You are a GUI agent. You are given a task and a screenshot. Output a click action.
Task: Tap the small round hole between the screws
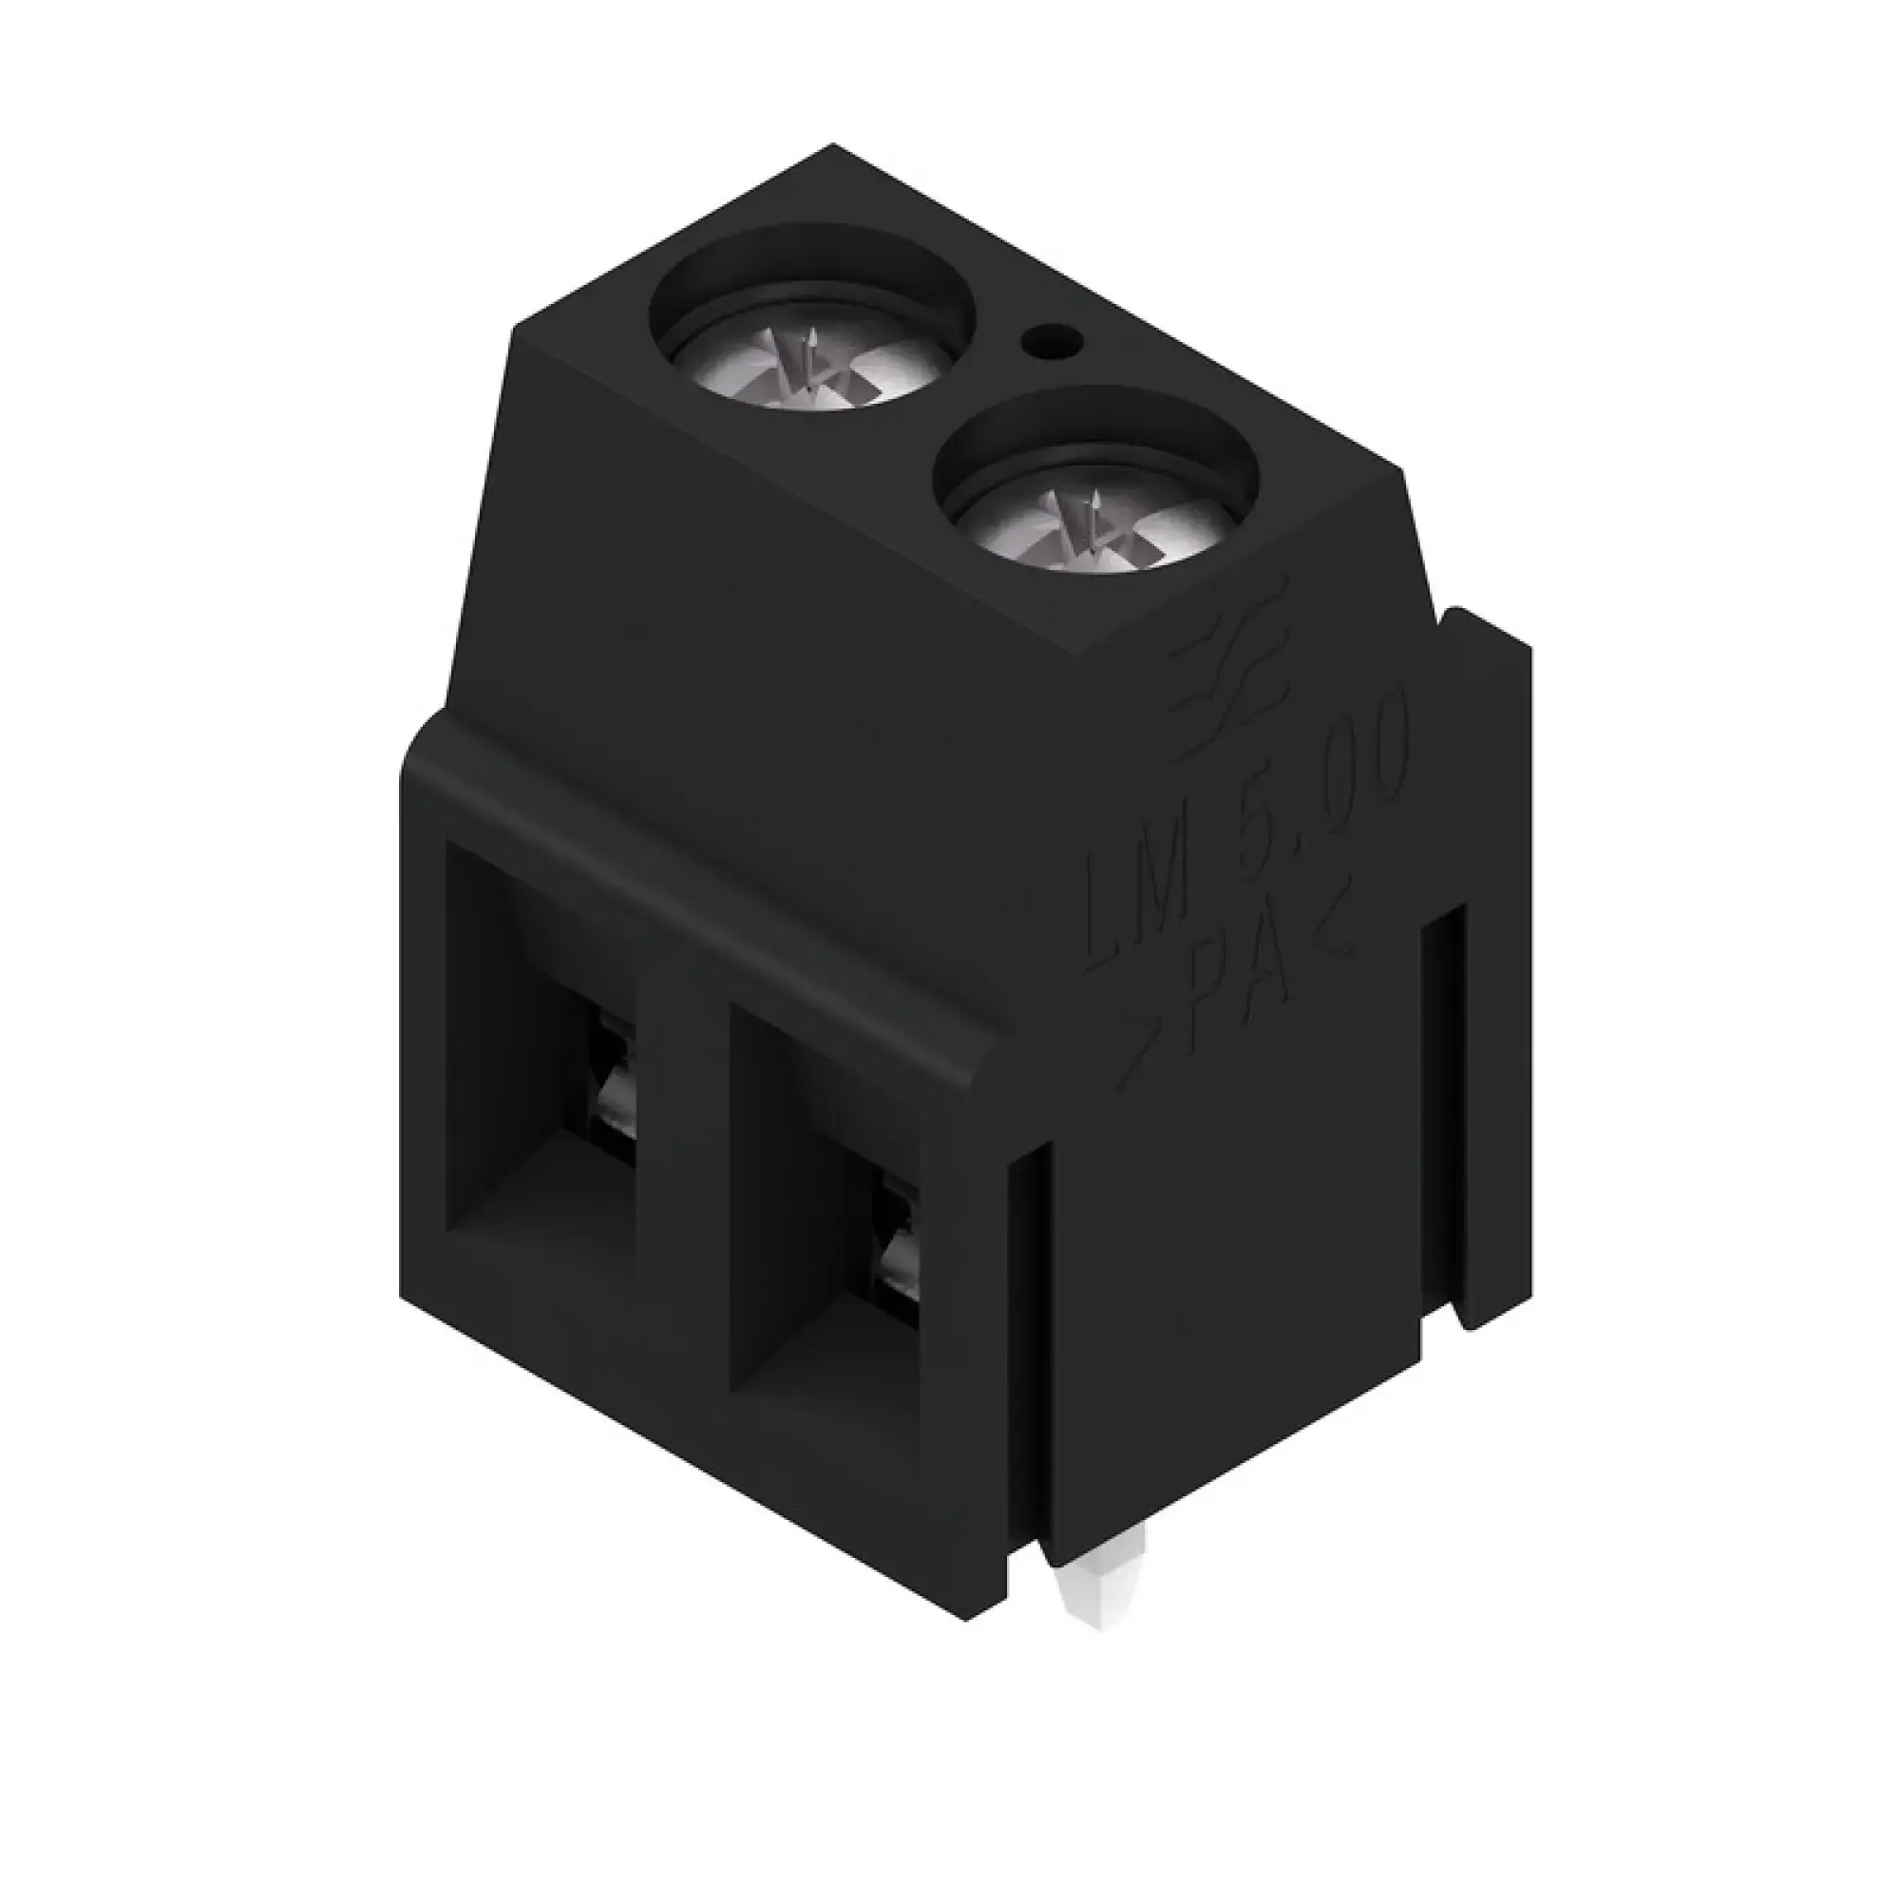click(x=1052, y=343)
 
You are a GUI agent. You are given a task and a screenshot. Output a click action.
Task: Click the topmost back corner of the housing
click(x=834, y=147)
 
